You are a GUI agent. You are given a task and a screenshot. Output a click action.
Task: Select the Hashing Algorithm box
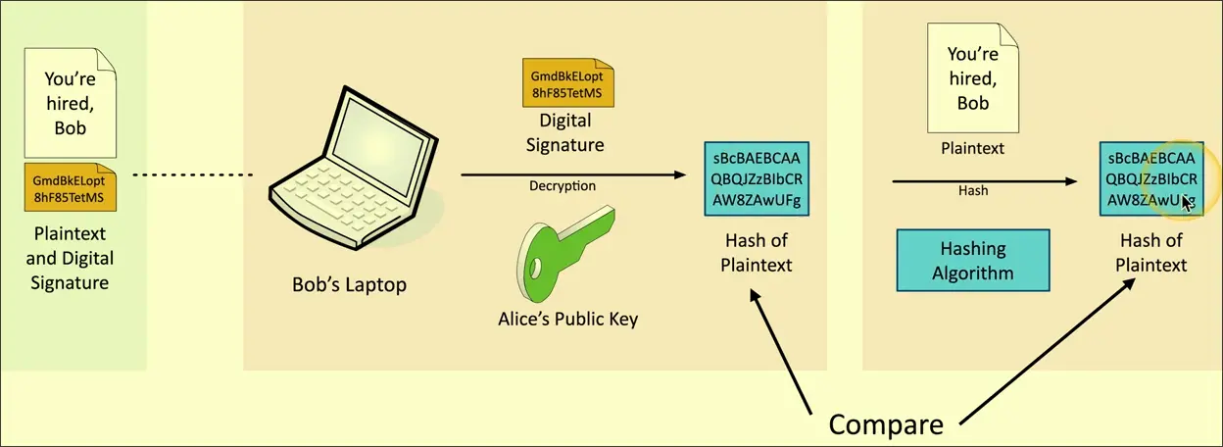click(973, 260)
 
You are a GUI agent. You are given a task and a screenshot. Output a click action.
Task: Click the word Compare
click(886, 423)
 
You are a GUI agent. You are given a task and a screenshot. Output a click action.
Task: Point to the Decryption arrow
click(573, 174)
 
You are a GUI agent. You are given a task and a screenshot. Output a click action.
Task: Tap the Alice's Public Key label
click(567, 319)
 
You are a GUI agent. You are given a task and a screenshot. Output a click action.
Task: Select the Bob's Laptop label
click(349, 285)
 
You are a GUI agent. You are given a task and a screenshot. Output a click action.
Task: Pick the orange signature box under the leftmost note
click(71, 188)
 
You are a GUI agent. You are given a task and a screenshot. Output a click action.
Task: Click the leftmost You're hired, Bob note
click(71, 98)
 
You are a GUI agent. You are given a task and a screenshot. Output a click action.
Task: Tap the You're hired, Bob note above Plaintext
click(973, 78)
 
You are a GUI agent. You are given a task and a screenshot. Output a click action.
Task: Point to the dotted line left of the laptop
click(192, 175)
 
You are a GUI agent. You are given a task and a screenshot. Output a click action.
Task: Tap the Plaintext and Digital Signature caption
click(70, 259)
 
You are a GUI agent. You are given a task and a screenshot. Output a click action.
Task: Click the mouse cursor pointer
click(1187, 202)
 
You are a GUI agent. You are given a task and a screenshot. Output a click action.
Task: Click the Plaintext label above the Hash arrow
click(972, 148)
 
